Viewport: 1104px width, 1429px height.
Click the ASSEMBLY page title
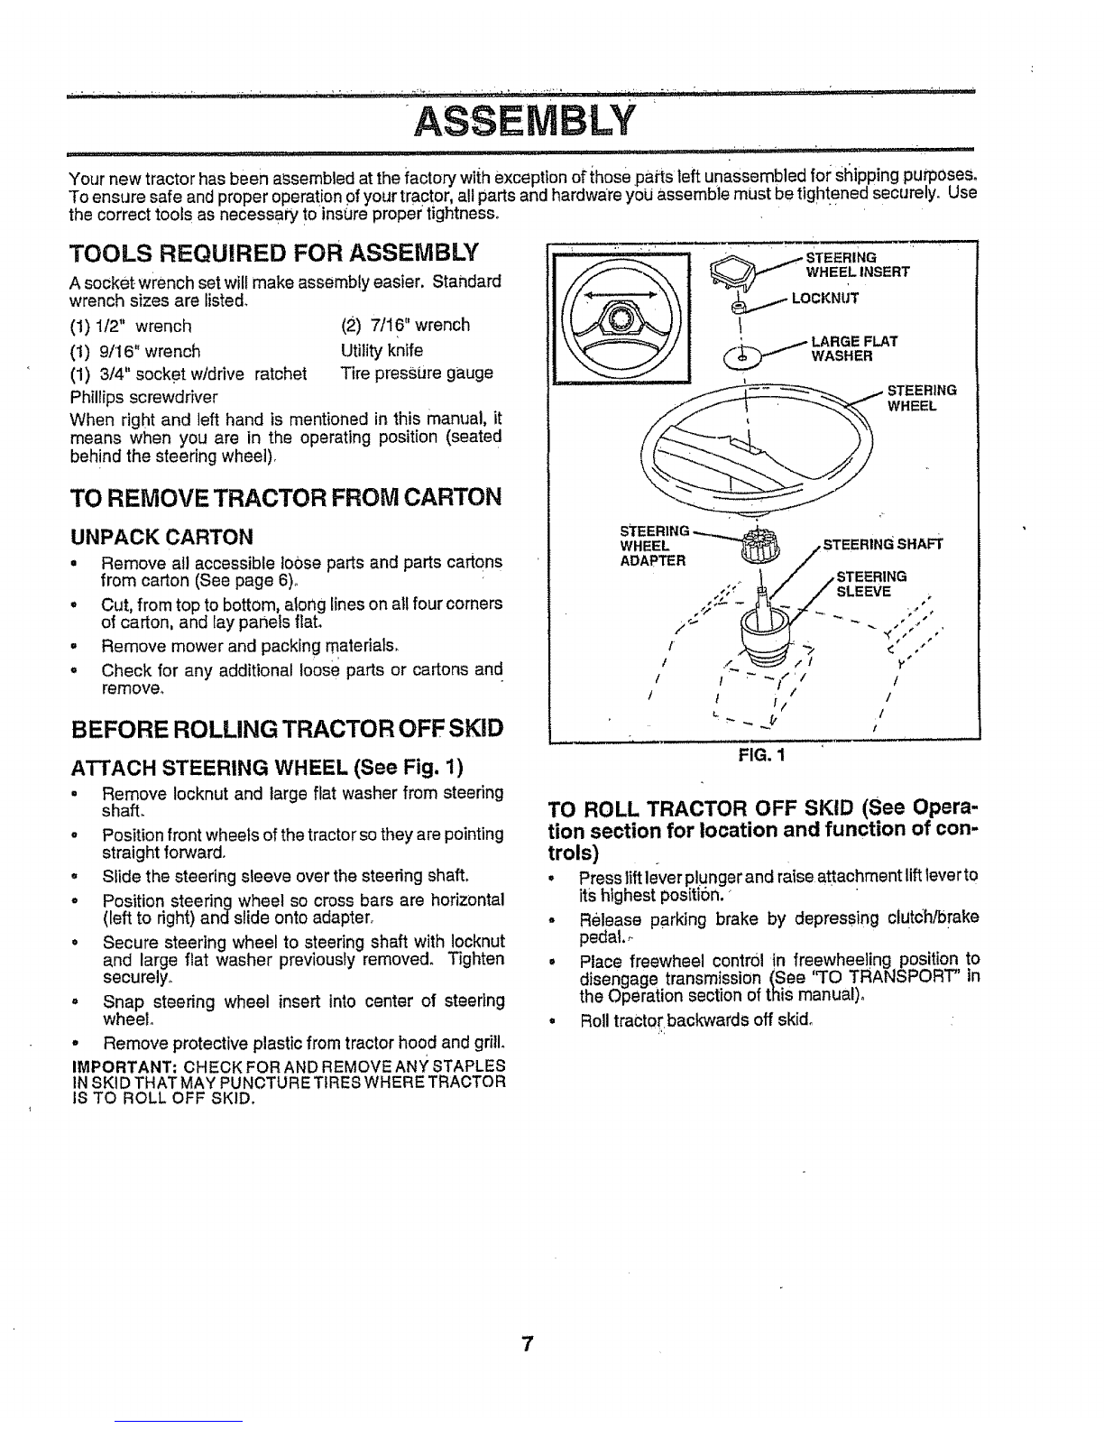[525, 120]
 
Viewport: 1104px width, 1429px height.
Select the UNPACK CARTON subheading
[161, 538]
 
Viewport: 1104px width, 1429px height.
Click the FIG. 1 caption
[762, 755]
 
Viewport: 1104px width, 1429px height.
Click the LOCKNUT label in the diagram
[825, 299]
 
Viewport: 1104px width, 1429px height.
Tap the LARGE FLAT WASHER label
[854, 348]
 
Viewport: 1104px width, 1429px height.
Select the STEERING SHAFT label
[883, 544]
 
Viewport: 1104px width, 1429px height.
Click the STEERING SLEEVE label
[871, 584]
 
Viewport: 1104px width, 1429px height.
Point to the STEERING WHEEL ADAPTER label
[654, 546]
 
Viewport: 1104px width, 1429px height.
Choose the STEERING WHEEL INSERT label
[858, 264]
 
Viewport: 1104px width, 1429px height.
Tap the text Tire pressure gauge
[417, 373]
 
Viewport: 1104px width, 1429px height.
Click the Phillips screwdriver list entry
[144, 397]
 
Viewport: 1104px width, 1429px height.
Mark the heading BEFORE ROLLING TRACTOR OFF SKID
[287, 729]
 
